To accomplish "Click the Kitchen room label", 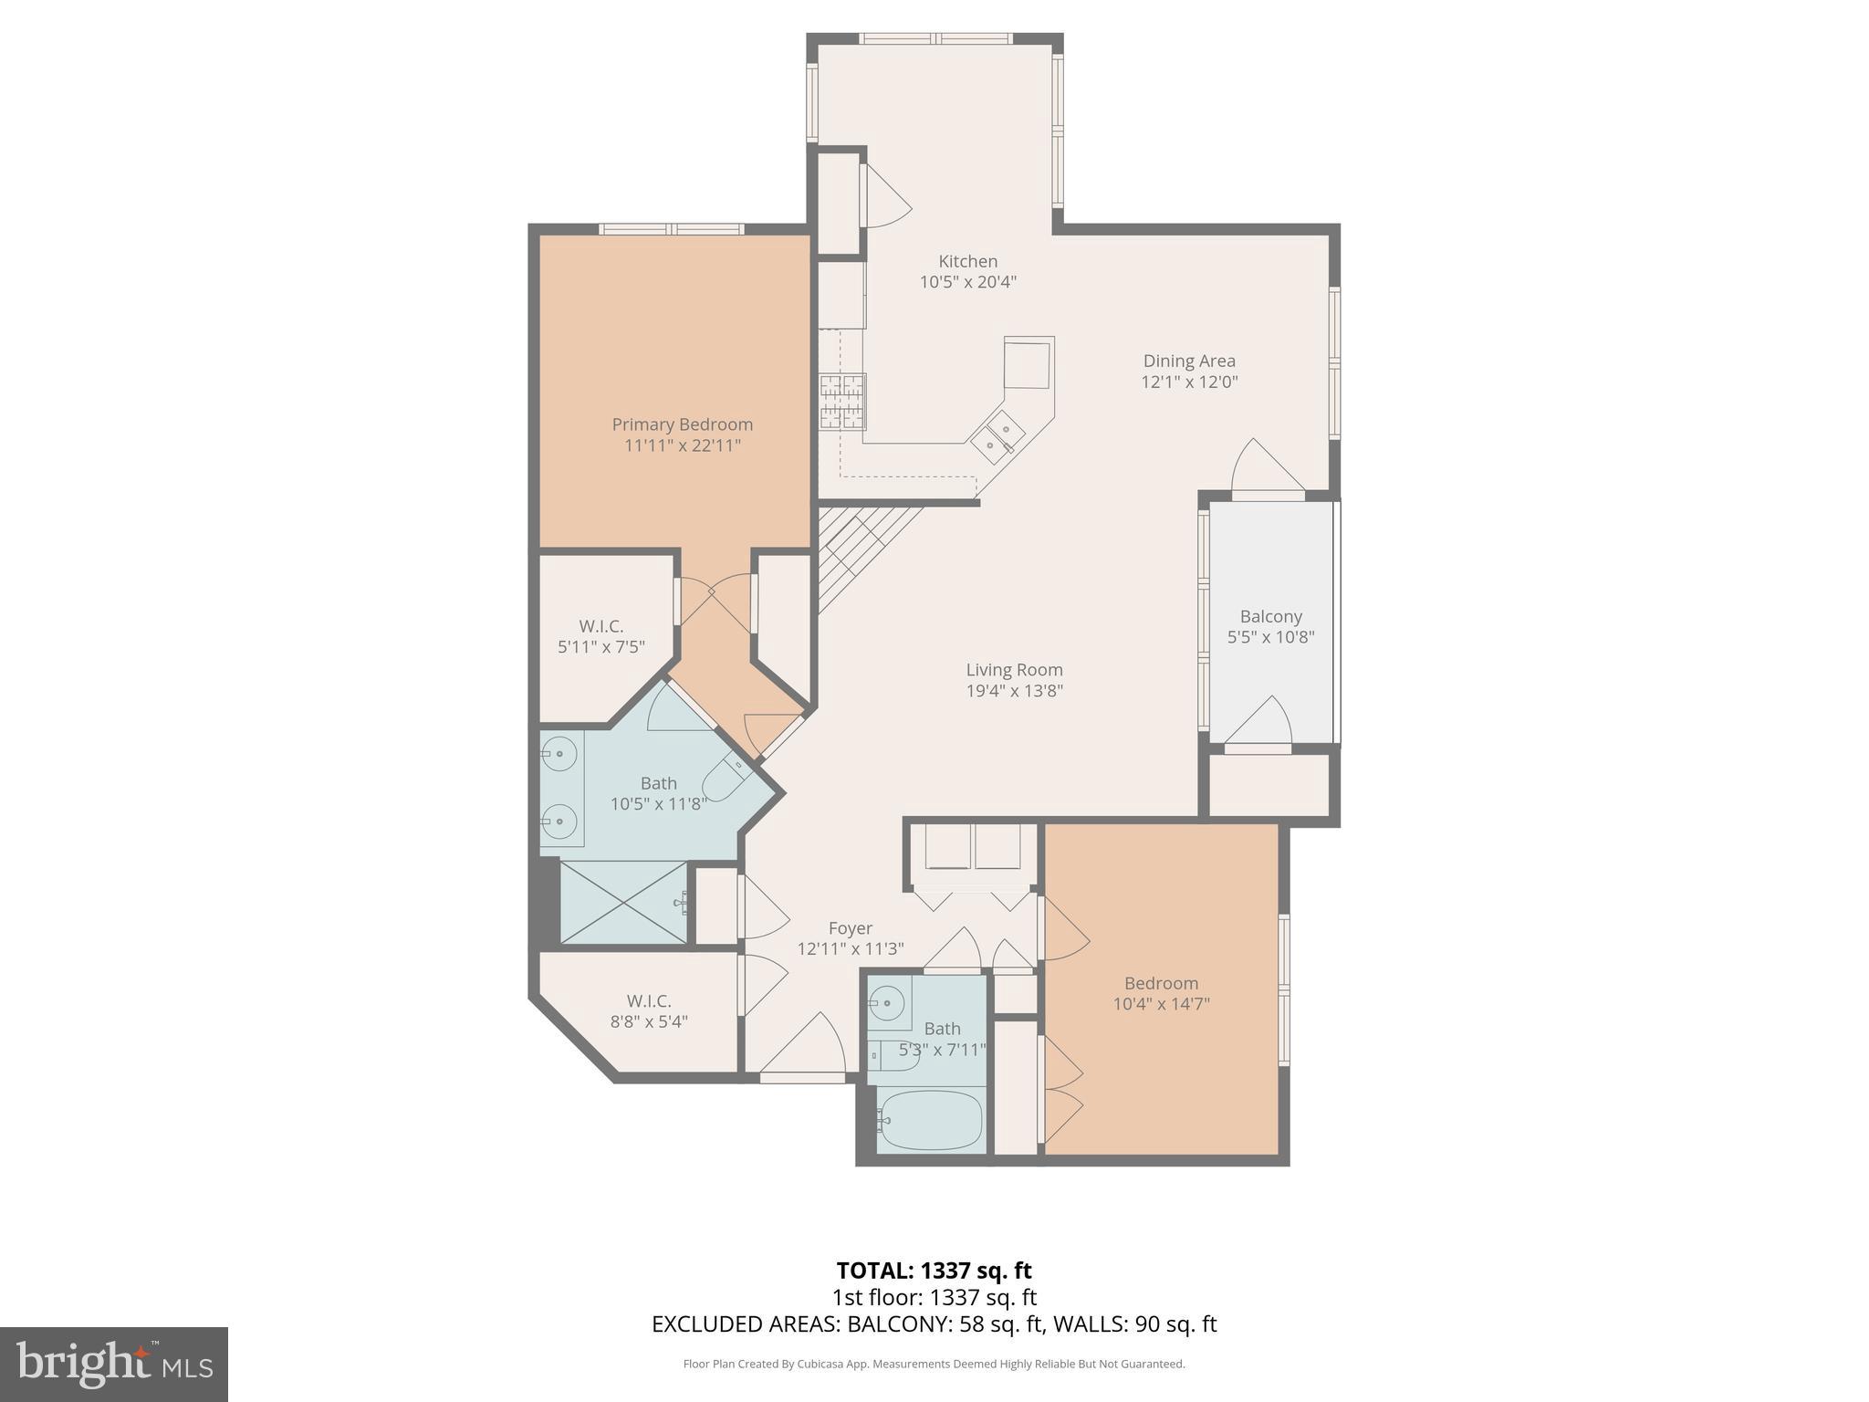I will pyautogui.click(x=967, y=262).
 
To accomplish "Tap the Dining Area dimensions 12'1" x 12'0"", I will pyautogui.click(x=1189, y=382).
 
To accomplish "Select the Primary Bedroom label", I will pyautogui.click(x=682, y=424).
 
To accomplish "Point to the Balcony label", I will pyautogui.click(x=1270, y=617).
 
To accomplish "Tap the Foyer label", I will pyautogui.click(x=850, y=928).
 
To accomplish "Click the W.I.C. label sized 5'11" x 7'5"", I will pyautogui.click(x=600, y=627).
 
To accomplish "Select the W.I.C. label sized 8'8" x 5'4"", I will pyautogui.click(x=648, y=1001).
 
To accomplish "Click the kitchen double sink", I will pyautogui.click(x=998, y=437).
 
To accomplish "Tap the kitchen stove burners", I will pyautogui.click(x=841, y=402).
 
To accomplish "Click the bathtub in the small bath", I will pyautogui.click(x=930, y=1121).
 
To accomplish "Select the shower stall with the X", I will pyautogui.click(x=622, y=902).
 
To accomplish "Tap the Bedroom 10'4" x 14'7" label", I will pyautogui.click(x=1161, y=984).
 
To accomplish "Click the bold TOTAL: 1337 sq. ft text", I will pyautogui.click(x=934, y=1271).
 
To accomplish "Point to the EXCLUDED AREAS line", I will pyautogui.click(x=934, y=1324).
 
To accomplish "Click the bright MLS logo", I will pyautogui.click(x=114, y=1365).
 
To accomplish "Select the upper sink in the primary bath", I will pyautogui.click(x=559, y=754).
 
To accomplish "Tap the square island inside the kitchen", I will pyautogui.click(x=1028, y=362).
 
